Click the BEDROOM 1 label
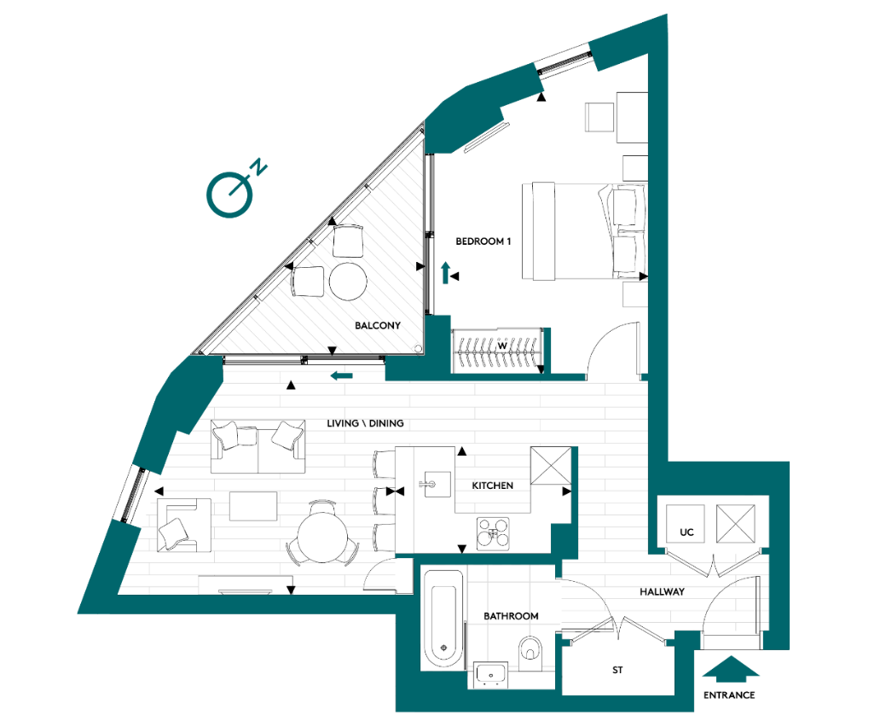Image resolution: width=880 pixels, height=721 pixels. pos(483,241)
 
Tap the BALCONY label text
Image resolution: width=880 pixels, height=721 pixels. pos(378,326)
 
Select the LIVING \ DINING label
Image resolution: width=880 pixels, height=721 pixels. pos(365,423)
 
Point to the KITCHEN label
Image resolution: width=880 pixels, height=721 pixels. pos(493,486)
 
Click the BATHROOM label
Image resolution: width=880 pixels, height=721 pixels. pos(511,616)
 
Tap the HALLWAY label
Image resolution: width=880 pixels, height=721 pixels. pos(662,591)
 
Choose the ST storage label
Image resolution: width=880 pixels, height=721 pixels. pos(617,671)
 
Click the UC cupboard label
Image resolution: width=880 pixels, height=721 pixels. pos(686,532)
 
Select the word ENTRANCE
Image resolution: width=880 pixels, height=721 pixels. pos(729,695)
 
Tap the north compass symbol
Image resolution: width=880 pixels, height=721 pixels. pos(227,191)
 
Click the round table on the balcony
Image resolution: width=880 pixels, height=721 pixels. pos(349,281)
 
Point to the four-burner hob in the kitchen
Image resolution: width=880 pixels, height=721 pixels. pos(494,534)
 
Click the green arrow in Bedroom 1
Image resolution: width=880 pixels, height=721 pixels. pos(445,273)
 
